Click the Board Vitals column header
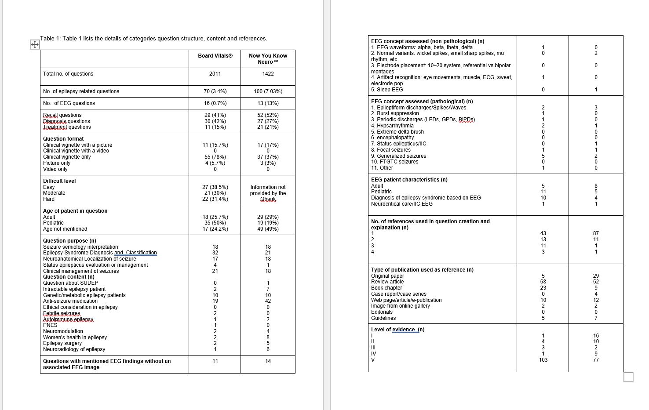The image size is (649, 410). pyautogui.click(x=215, y=56)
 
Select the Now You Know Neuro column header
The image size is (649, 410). pyautogui.click(x=268, y=58)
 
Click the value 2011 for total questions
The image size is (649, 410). pyautogui.click(x=215, y=74)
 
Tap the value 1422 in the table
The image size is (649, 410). pyautogui.click(x=268, y=74)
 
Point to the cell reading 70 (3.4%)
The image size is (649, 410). pyautogui.click(x=215, y=91)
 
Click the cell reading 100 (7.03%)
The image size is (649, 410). pyautogui.click(x=268, y=91)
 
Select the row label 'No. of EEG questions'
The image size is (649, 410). pyautogui.click(x=69, y=103)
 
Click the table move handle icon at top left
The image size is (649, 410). pyautogui.click(x=35, y=44)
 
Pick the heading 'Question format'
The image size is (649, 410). pyautogui.click(x=63, y=139)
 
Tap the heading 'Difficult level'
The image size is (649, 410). pyautogui.click(x=59, y=181)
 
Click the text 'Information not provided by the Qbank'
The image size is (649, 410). pyautogui.click(x=268, y=193)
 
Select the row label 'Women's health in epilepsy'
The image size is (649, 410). pyautogui.click(x=75, y=337)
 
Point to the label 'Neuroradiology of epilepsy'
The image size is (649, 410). pyautogui.click(x=74, y=349)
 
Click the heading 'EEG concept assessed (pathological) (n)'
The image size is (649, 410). pyautogui.click(x=422, y=102)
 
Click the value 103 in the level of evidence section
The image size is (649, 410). pyautogui.click(x=543, y=360)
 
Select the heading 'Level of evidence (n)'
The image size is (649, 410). pyautogui.click(x=397, y=330)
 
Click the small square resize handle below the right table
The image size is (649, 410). pyautogui.click(x=628, y=377)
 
